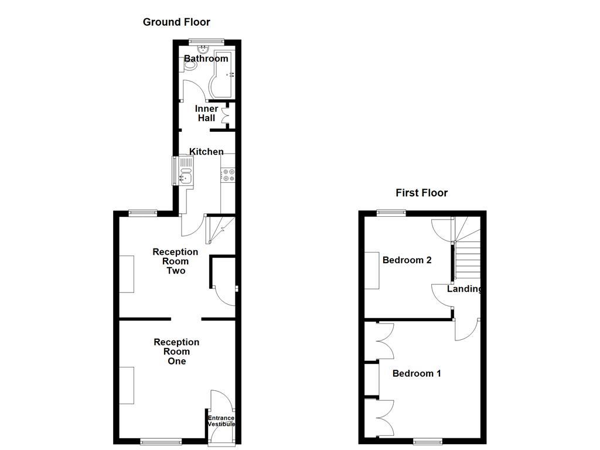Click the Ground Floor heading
coord(176,22)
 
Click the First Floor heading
coord(421,193)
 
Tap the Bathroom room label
coord(206,59)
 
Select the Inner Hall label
coord(206,113)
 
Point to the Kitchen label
coord(206,152)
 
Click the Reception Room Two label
coord(175,261)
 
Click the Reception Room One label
coord(176,352)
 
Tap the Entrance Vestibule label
coord(221,421)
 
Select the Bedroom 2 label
coord(407,260)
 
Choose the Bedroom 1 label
coord(417,373)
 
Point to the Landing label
coord(465,289)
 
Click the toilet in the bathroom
coord(189,67)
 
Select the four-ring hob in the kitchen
coord(228,175)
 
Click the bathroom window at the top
coord(207,40)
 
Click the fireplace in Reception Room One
coord(127,385)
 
